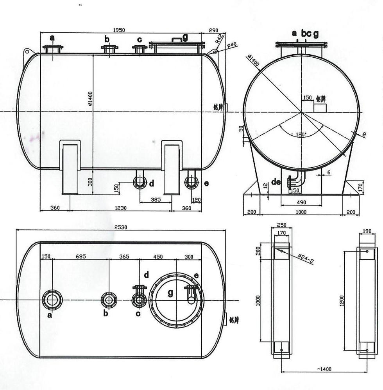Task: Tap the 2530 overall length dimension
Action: click(x=120, y=227)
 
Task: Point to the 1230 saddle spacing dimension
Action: click(x=121, y=208)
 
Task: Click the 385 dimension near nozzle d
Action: click(x=156, y=200)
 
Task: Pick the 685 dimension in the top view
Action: click(x=81, y=257)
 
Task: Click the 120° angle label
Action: click(x=301, y=134)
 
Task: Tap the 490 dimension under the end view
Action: click(x=301, y=202)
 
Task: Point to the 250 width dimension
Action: click(x=281, y=225)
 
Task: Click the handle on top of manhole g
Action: click(x=177, y=39)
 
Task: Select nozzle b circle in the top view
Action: click(x=109, y=300)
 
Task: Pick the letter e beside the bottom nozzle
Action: click(x=207, y=183)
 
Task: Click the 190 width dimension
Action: click(x=367, y=231)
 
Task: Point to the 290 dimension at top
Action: click(x=214, y=30)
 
